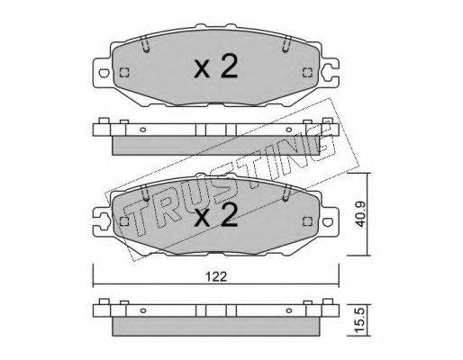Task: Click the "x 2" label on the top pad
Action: coord(216,67)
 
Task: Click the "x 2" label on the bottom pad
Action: coord(216,216)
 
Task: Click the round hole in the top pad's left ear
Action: coord(102,72)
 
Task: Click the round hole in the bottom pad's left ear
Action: coord(101,217)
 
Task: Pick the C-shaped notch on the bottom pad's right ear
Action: coord(331,217)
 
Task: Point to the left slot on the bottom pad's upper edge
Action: coord(145,190)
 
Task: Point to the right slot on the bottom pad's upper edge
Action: coord(286,190)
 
